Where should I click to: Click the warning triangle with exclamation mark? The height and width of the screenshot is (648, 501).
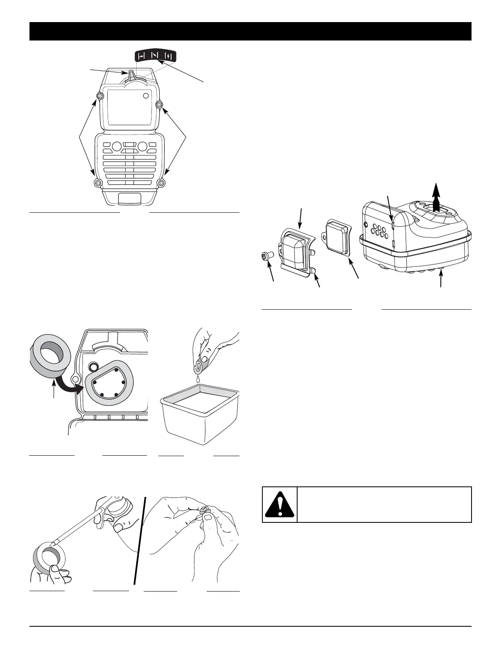pos(280,504)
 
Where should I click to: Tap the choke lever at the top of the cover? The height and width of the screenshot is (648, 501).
pos(132,76)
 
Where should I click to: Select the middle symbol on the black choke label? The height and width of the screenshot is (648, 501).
pos(155,56)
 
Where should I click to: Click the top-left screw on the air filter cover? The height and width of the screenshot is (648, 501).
pos(99,97)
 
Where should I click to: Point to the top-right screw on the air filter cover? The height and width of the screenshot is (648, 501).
pos(160,105)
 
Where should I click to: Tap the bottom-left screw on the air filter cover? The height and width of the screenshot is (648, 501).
pos(97,182)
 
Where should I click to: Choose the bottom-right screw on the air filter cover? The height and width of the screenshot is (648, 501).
pos(162,182)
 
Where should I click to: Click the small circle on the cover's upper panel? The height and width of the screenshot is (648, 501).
pos(146,96)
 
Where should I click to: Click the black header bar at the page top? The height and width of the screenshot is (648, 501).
pos(250,31)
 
